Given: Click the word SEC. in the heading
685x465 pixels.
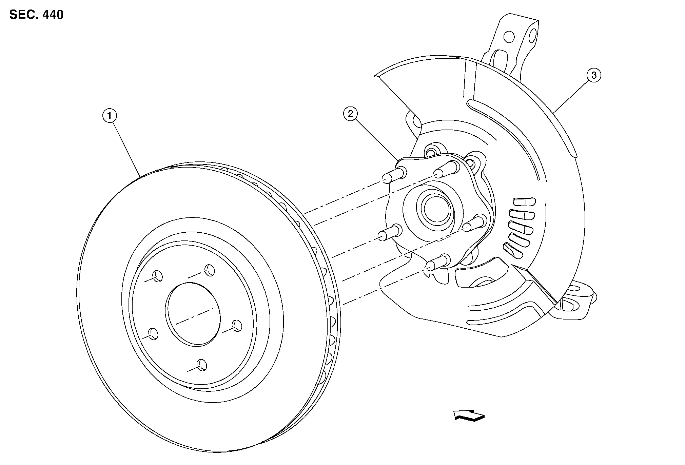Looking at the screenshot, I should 23,15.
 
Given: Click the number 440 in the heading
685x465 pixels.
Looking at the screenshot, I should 53,15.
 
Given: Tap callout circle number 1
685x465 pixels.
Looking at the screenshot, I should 110,116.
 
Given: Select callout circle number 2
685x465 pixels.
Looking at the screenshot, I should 350,114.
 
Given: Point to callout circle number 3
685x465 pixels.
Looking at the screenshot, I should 594,75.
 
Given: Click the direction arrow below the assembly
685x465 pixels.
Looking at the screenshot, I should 469,415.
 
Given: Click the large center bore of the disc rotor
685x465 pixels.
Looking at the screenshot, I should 193,314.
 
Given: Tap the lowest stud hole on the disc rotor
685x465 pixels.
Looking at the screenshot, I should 202,365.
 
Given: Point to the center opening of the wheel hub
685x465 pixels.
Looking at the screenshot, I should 436,209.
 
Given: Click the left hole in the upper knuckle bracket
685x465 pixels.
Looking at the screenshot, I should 509,37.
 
